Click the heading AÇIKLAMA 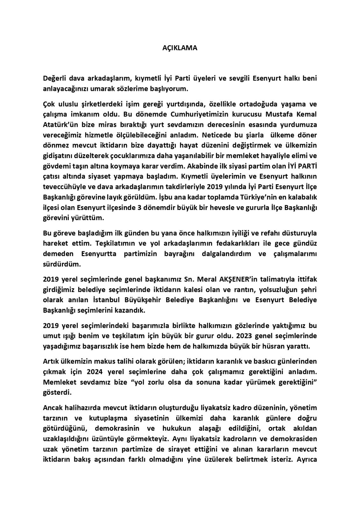pyautogui.click(x=180, y=48)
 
